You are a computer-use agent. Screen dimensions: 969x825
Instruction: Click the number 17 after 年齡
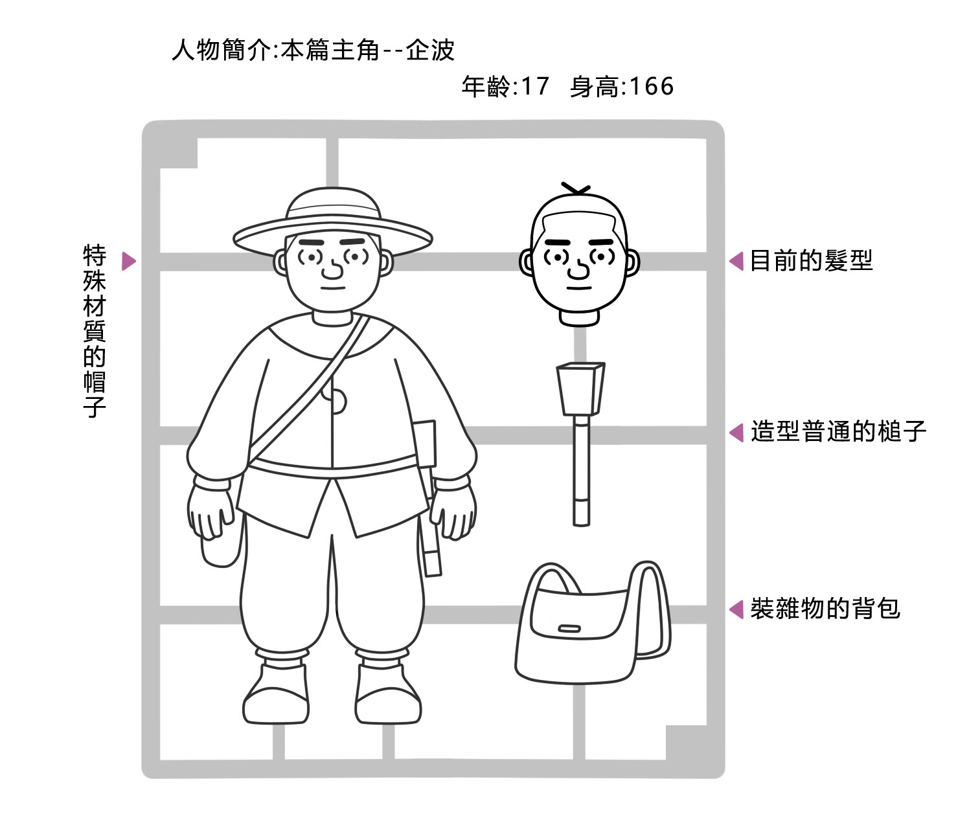[535, 86]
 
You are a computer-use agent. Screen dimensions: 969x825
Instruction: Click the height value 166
[651, 86]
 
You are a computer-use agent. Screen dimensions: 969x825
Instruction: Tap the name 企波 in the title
[430, 50]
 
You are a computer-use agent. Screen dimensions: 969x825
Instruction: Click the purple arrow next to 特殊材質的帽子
[129, 261]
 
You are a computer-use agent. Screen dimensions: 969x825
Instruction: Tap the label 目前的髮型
[812, 260]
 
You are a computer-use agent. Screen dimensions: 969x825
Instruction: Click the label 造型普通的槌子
[838, 432]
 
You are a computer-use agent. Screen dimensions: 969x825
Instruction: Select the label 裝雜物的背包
[825, 609]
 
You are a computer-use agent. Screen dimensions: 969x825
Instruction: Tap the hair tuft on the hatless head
[576, 189]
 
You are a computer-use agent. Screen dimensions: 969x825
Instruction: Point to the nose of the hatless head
[578, 269]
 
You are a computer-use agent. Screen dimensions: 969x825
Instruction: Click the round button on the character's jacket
[337, 401]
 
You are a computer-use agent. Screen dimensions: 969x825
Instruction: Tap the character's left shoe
[388, 694]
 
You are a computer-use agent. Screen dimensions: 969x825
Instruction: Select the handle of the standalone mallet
[581, 471]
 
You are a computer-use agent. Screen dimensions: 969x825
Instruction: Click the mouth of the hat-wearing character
[332, 288]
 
